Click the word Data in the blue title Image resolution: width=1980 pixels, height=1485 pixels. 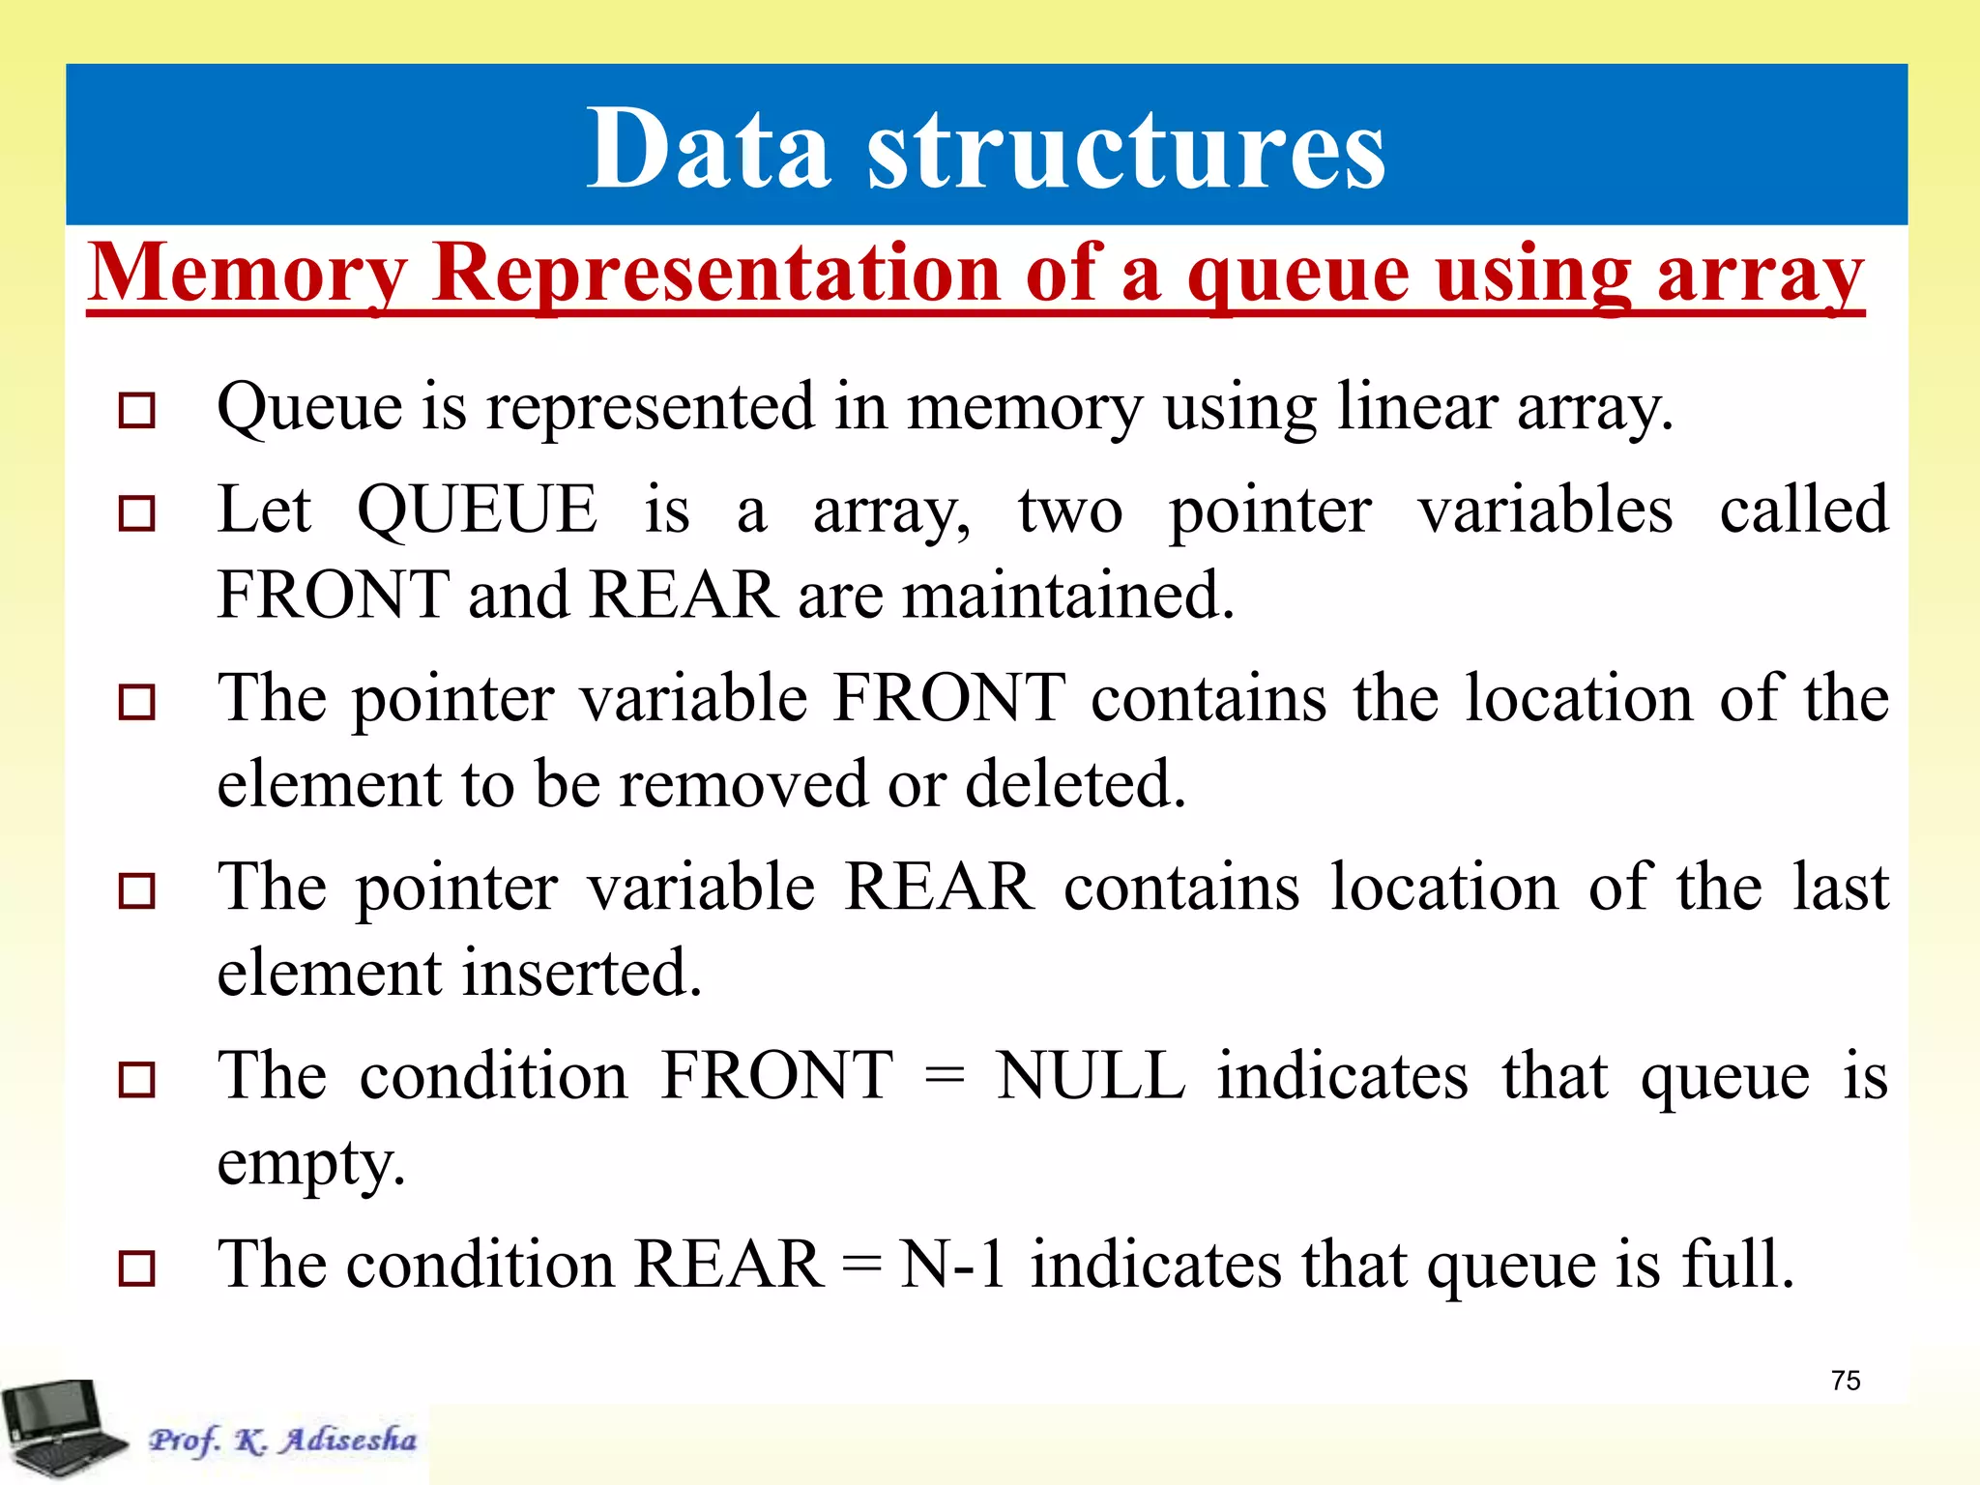tap(708, 150)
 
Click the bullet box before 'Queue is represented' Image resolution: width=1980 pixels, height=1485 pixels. tap(136, 411)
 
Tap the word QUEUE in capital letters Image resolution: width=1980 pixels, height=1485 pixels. tap(478, 510)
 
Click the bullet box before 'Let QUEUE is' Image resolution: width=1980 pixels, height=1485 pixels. tap(136, 513)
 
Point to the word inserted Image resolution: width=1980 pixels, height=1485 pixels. tap(580, 973)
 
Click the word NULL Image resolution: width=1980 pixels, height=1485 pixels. tap(1092, 1075)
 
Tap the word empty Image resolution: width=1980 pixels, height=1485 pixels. tap(309, 1163)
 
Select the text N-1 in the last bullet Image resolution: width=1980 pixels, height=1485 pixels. tap(952, 1265)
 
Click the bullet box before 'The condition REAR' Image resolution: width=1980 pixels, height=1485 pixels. tap(136, 1267)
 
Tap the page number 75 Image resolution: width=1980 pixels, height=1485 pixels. tap(1845, 1381)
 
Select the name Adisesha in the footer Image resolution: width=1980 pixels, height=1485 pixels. tap(348, 1440)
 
